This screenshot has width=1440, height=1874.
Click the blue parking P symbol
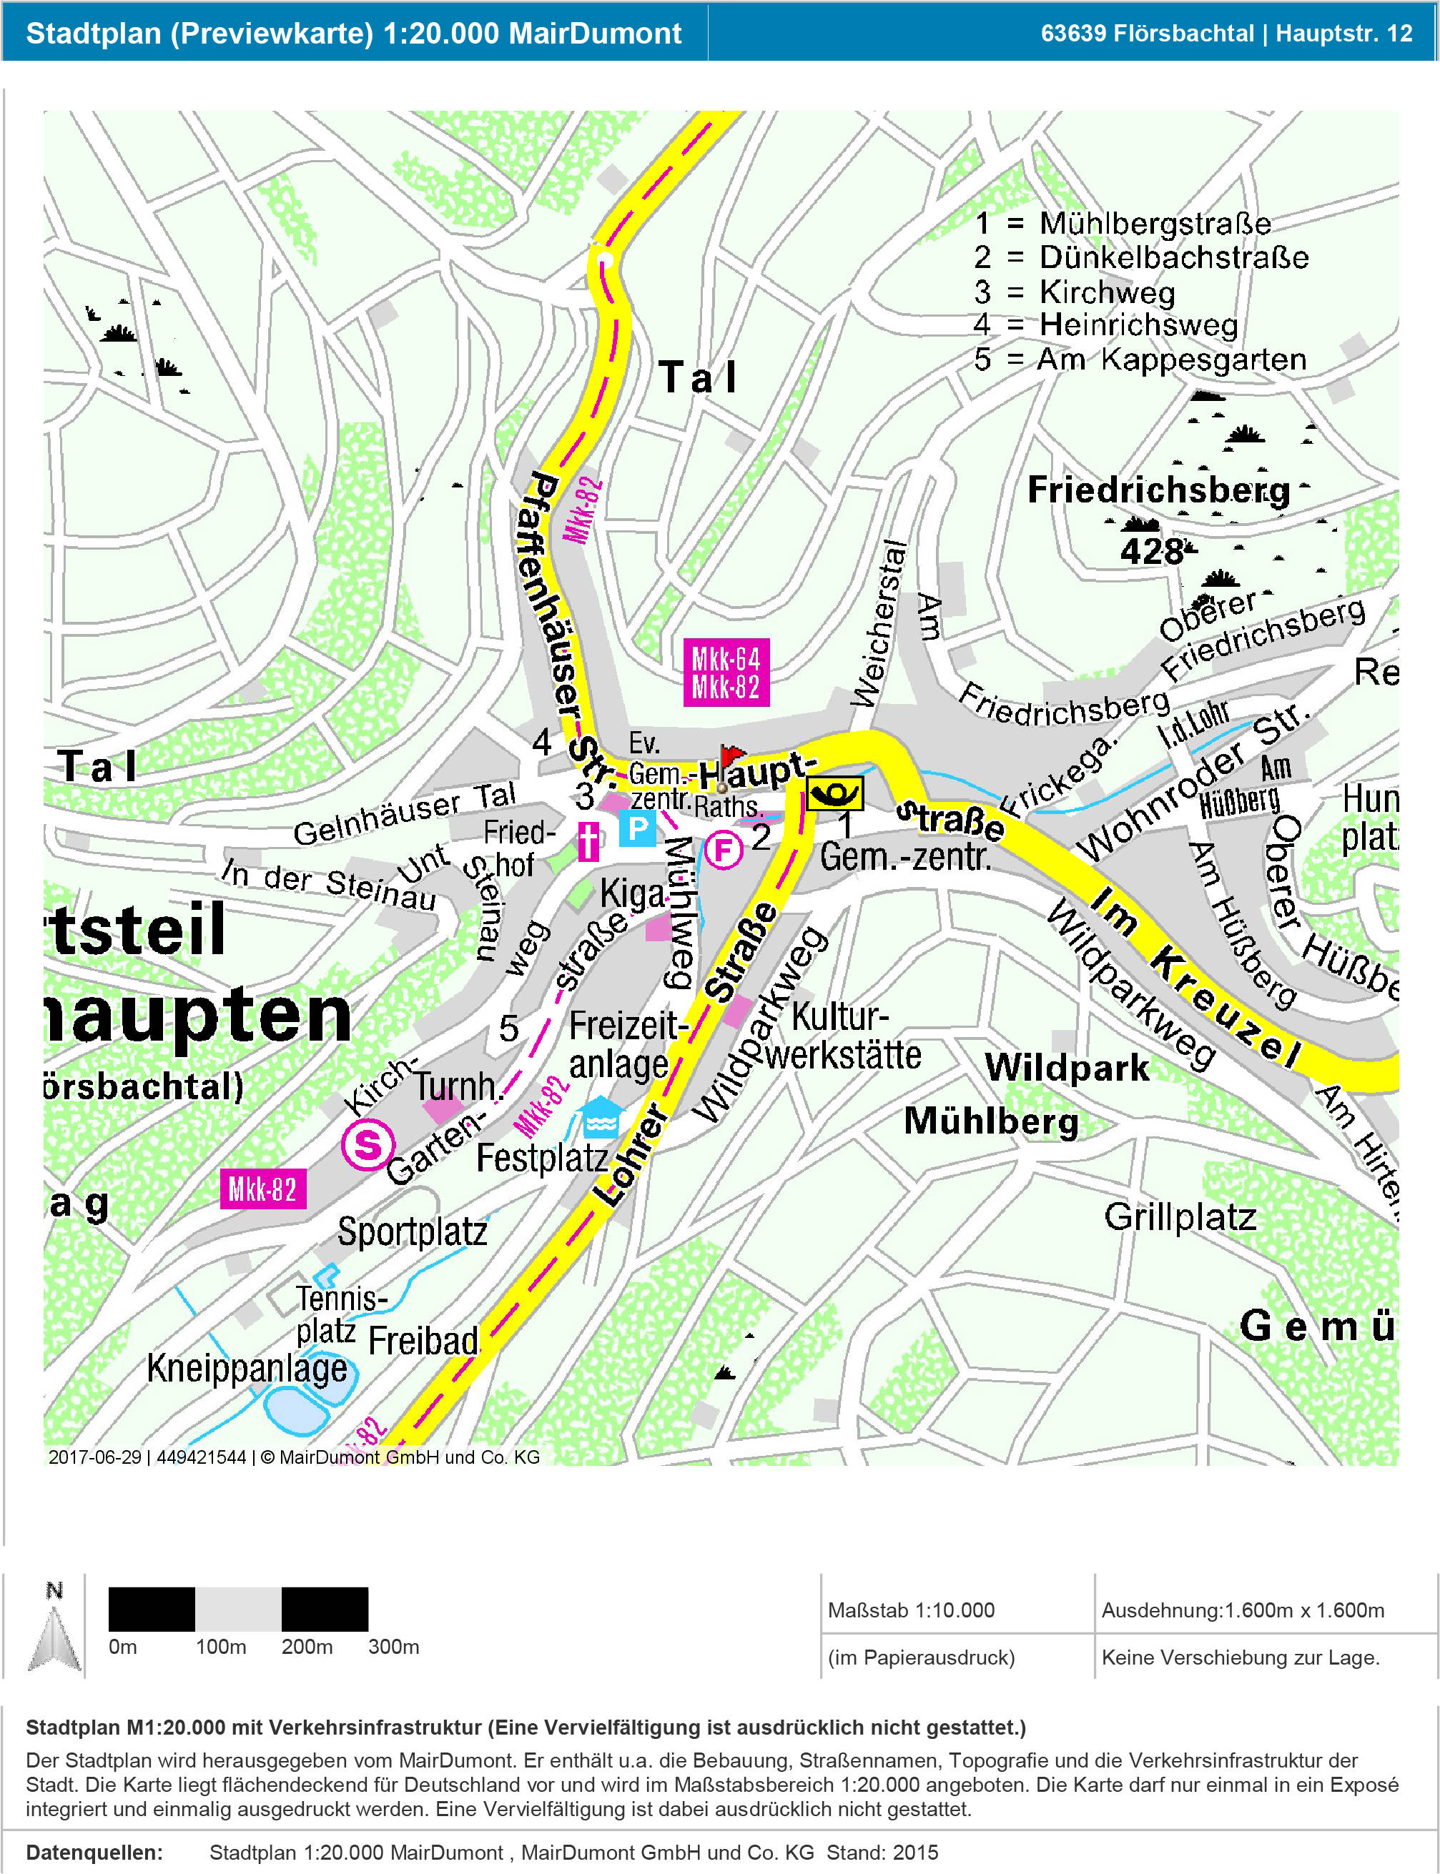point(638,828)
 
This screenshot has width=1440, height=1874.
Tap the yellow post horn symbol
point(834,793)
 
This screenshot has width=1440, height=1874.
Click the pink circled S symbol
point(368,1144)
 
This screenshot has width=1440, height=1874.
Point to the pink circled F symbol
point(724,850)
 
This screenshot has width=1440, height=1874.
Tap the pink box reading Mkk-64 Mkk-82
point(725,673)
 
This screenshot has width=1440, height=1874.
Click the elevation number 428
point(1153,551)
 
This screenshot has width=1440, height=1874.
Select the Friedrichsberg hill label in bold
point(1158,490)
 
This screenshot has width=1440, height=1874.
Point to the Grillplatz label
point(1180,1216)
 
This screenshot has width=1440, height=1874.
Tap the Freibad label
point(423,1341)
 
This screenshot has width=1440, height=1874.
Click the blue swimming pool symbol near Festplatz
point(600,1119)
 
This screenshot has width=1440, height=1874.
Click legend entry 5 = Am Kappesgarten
point(1139,359)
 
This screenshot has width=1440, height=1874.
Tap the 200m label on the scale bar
point(307,1646)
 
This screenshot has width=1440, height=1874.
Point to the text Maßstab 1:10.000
point(910,1610)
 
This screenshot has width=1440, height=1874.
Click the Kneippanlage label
point(247,1369)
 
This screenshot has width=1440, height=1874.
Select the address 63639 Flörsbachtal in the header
point(1146,34)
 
